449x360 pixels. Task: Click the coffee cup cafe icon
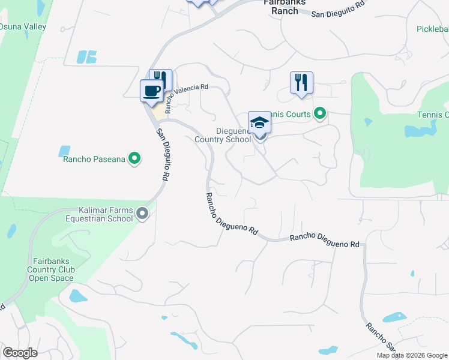(151, 91)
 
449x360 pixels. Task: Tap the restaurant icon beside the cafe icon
(161, 79)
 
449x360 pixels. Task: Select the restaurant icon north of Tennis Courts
(301, 83)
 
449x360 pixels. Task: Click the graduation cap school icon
(260, 122)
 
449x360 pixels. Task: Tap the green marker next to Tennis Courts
(320, 113)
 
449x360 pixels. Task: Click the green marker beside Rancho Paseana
(135, 159)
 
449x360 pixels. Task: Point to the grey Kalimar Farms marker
(142, 213)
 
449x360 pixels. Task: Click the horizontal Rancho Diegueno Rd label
(324, 241)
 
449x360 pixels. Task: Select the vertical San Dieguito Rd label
(161, 155)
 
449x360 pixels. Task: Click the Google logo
(20, 353)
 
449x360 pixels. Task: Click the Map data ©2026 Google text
(412, 355)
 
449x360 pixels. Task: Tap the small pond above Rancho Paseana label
(64, 151)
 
